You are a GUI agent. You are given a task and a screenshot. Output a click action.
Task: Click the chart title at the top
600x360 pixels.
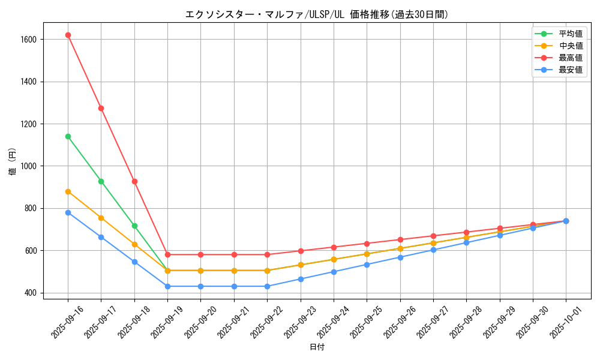click(x=317, y=14)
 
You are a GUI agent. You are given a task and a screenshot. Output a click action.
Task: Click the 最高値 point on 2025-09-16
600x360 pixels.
click(x=68, y=35)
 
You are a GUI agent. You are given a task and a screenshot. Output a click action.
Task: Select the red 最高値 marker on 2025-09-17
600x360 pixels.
click(x=101, y=108)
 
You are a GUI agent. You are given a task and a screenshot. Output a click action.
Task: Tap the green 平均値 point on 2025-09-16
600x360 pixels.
click(x=68, y=136)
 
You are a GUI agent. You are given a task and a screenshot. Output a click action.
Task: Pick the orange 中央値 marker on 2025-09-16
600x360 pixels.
click(x=68, y=191)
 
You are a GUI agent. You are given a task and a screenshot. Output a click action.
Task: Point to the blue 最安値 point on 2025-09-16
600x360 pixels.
click(x=68, y=212)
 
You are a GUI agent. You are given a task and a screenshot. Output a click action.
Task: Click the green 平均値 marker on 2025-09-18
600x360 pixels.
click(x=134, y=226)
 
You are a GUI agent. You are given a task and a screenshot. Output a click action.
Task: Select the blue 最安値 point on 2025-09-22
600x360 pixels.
click(x=267, y=286)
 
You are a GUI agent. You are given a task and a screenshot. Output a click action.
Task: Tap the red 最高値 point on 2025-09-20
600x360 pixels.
click(x=200, y=254)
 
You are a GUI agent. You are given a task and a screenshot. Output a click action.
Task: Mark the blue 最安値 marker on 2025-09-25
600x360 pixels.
click(x=367, y=265)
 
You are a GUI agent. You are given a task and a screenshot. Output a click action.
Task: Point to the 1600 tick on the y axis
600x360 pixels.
click(x=28, y=40)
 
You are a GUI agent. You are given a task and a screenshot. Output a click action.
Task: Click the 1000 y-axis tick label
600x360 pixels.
click(x=28, y=166)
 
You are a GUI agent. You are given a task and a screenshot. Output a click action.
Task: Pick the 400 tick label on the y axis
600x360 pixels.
click(x=30, y=293)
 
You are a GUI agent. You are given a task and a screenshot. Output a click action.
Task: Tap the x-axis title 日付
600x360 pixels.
click(x=317, y=347)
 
